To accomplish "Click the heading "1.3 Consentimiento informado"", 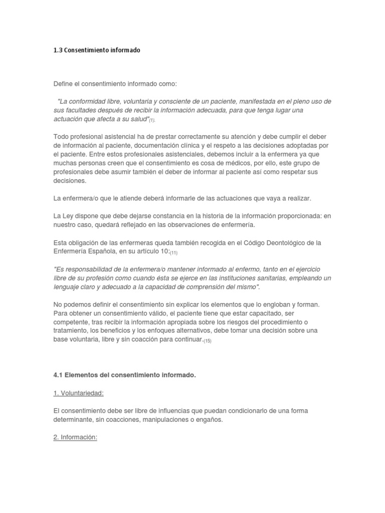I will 97,51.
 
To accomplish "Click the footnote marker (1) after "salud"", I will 152,120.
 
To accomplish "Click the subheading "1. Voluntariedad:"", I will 78,393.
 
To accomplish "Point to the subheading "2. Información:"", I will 75,437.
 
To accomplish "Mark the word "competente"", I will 69,322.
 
